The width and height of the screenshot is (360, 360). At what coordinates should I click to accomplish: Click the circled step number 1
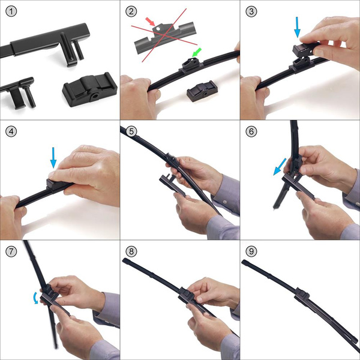tap(11, 11)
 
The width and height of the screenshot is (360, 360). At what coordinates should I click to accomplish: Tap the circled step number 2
tap(131, 11)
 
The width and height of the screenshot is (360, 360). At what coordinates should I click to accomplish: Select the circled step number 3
tap(251, 11)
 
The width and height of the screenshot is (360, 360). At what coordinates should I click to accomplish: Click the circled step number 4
tap(11, 131)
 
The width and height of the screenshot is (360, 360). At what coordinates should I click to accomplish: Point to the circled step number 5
tap(131, 131)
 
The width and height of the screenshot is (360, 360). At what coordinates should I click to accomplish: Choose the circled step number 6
tap(251, 131)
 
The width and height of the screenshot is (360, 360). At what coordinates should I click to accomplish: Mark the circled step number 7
tap(11, 251)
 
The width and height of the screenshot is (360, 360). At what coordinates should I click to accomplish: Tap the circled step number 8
tap(131, 251)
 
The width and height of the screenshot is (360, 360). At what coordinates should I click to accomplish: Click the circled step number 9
tap(251, 251)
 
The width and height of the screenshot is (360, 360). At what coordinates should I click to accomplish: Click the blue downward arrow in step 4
tap(53, 158)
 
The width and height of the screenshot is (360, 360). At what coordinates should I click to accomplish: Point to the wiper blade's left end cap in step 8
tap(125, 262)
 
